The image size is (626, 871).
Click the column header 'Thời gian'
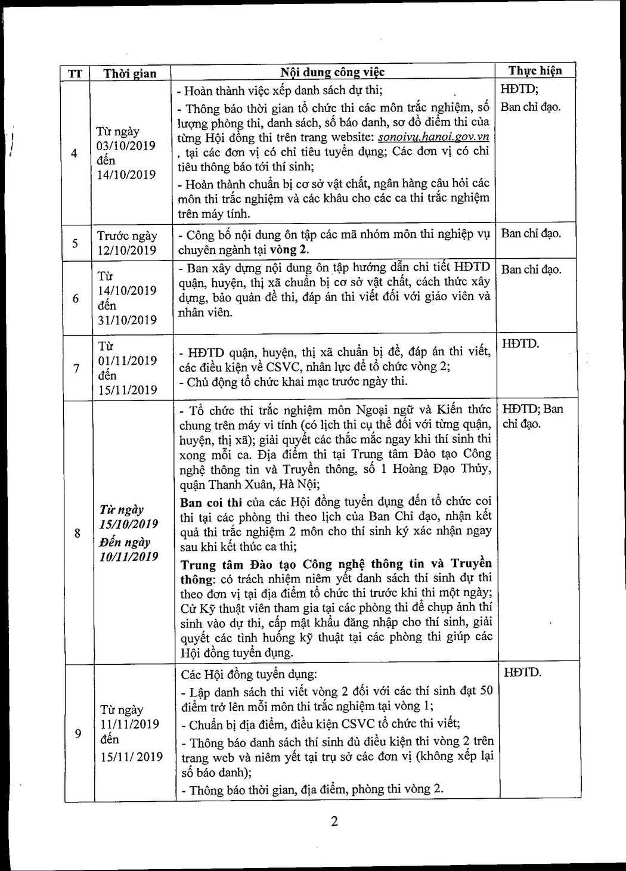point(129,73)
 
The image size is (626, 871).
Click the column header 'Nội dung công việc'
point(333,73)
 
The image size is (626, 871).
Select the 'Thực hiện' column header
point(535,70)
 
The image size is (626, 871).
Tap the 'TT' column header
point(75,74)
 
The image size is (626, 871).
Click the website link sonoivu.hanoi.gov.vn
point(433,137)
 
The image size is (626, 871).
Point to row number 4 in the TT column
point(74,154)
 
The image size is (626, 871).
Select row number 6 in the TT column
point(76,298)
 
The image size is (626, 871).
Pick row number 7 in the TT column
point(76,368)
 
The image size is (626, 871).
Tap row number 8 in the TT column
point(78,533)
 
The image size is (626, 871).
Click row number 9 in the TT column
point(78,733)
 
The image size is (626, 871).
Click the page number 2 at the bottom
point(334,821)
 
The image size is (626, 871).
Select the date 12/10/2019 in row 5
point(127,250)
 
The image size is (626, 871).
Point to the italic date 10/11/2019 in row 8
point(129,557)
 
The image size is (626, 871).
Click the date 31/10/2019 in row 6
point(127,320)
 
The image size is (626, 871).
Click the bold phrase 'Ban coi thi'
point(211,503)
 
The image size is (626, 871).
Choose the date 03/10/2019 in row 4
point(126,146)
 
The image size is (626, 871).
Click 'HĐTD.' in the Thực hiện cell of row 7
point(520,344)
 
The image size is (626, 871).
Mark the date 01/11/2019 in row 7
point(128,361)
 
